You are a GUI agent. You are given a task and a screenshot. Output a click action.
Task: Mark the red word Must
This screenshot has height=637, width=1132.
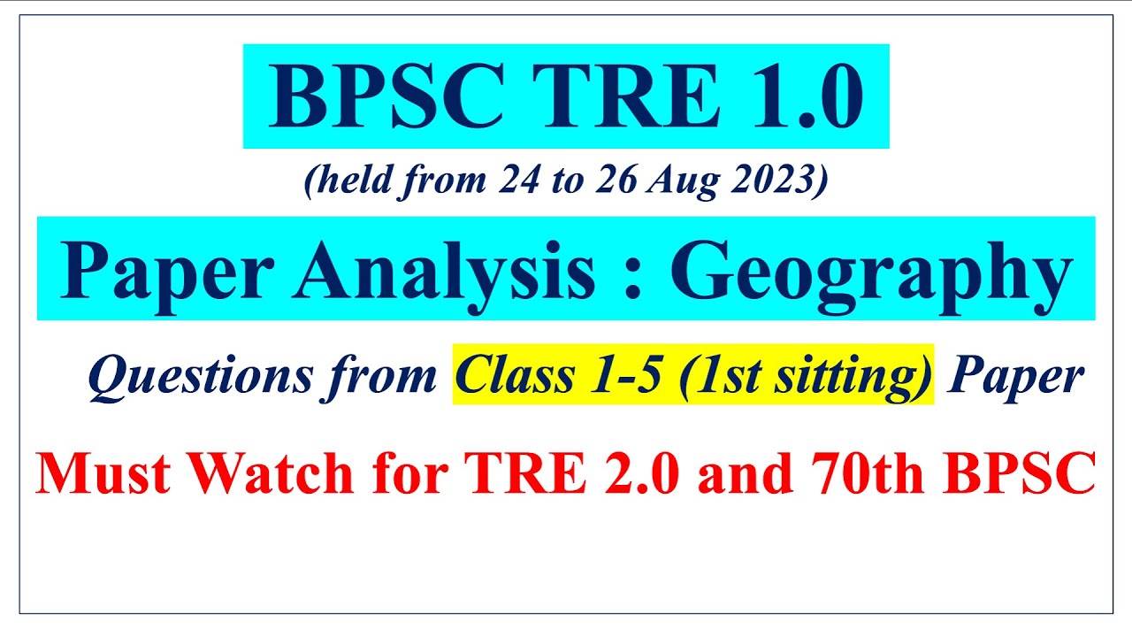[104, 473]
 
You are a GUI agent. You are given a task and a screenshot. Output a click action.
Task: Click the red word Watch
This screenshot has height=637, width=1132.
[273, 473]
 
